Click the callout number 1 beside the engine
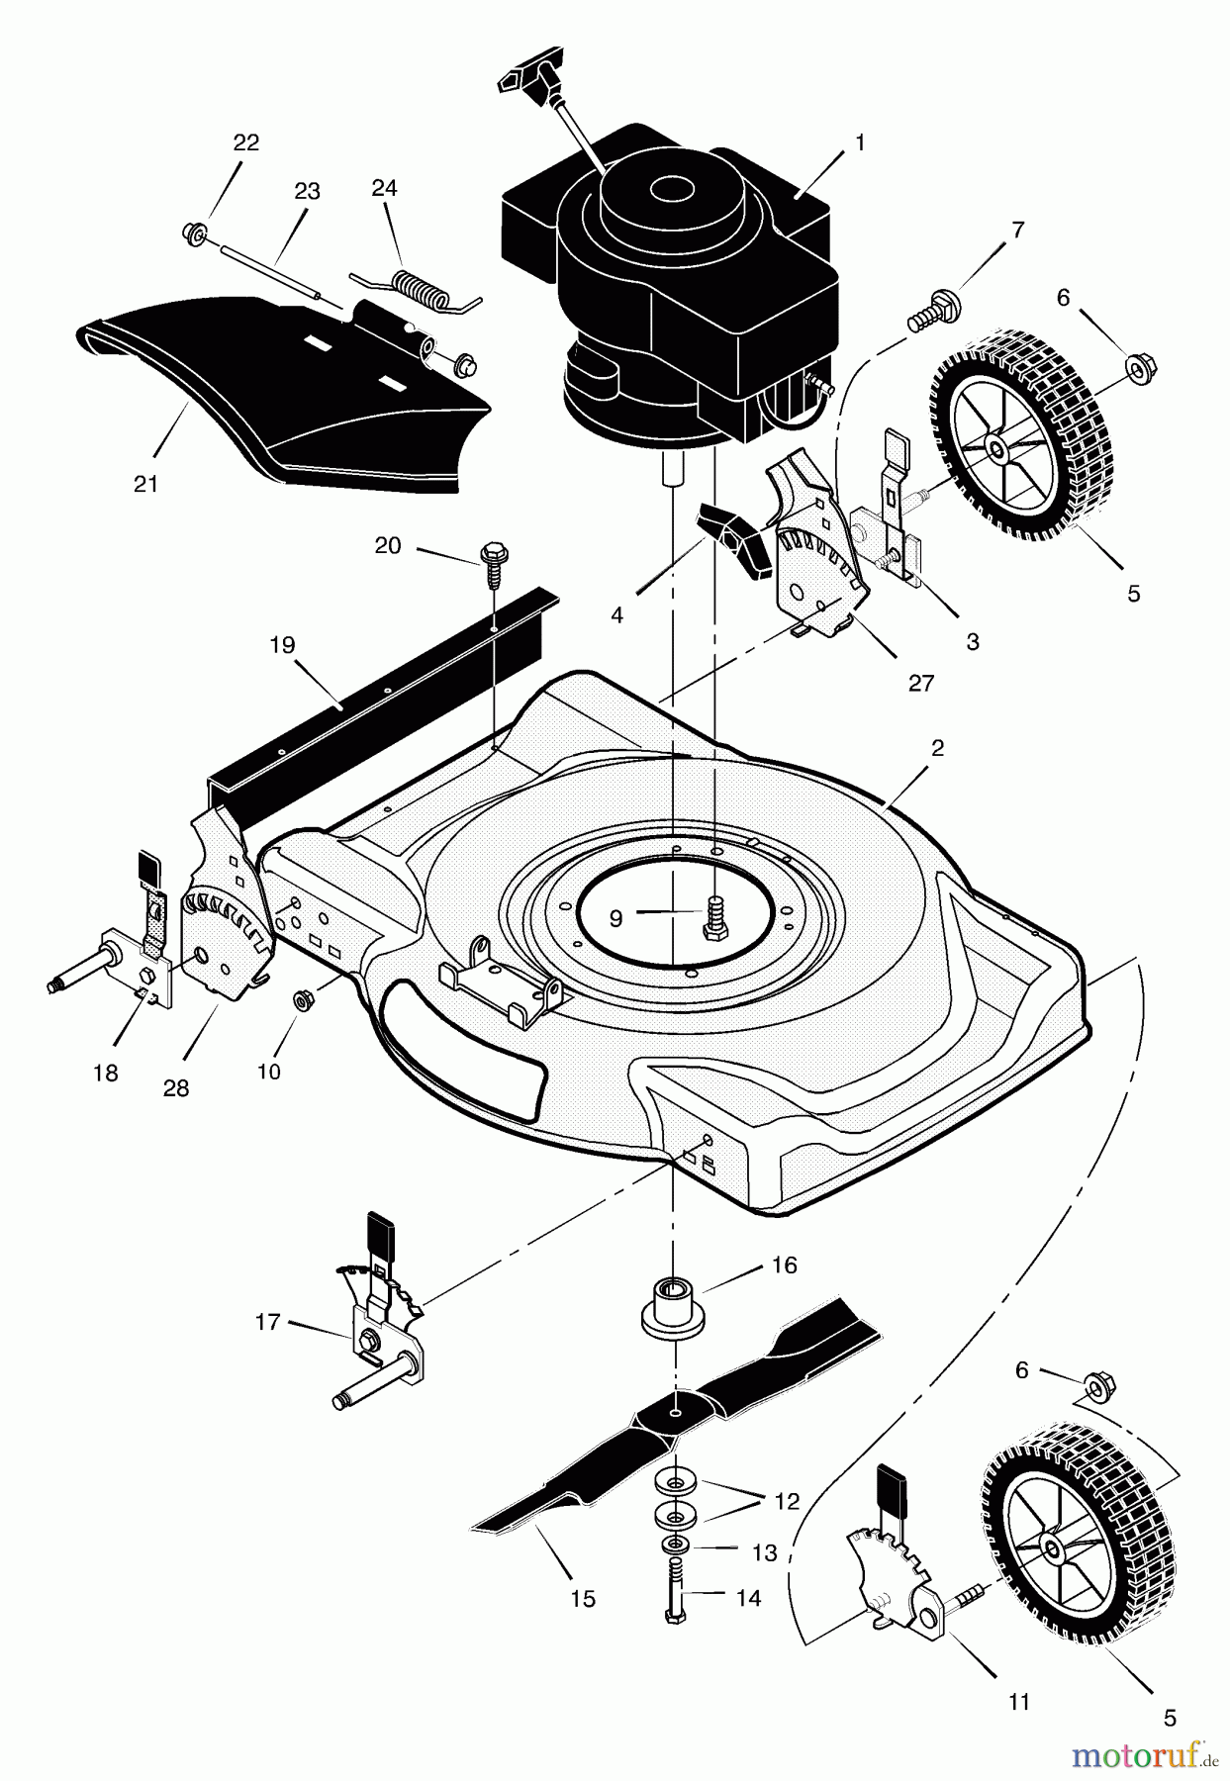click(x=860, y=142)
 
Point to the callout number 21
click(x=145, y=484)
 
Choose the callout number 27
click(x=920, y=683)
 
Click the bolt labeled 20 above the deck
click(x=491, y=561)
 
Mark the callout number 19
click(x=282, y=645)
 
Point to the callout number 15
click(x=583, y=1598)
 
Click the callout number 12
click(x=787, y=1501)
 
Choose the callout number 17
click(x=267, y=1322)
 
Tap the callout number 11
click(x=1019, y=1702)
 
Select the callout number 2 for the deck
click(x=936, y=747)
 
